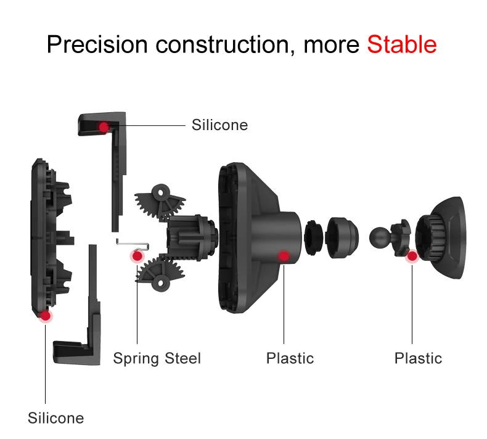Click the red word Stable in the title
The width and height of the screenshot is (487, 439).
[x=402, y=44]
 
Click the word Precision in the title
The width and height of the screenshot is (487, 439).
[x=97, y=44]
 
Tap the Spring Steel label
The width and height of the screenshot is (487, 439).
[x=157, y=358]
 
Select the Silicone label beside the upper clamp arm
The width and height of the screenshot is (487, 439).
[x=219, y=125]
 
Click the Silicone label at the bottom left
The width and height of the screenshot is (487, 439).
[x=56, y=418]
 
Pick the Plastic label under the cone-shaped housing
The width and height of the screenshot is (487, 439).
[x=290, y=358]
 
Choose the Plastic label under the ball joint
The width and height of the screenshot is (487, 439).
[x=418, y=358]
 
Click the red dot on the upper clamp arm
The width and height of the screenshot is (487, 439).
[x=104, y=127]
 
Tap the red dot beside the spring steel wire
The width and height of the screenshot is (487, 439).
[x=137, y=256]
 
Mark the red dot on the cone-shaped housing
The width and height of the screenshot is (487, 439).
[x=284, y=256]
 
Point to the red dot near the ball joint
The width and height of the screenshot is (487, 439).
[x=412, y=256]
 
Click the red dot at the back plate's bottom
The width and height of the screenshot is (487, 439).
[x=46, y=316]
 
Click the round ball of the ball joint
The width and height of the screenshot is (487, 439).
[x=379, y=237]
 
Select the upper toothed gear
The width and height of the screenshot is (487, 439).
[x=160, y=202]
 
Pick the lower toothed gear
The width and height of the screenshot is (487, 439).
[x=160, y=273]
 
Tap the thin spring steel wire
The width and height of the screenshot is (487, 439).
[x=133, y=244]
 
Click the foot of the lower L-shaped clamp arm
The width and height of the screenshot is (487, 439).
[x=72, y=353]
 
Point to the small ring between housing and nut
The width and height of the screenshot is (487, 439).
[x=313, y=237]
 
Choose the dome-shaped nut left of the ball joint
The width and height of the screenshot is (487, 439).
[x=342, y=237]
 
